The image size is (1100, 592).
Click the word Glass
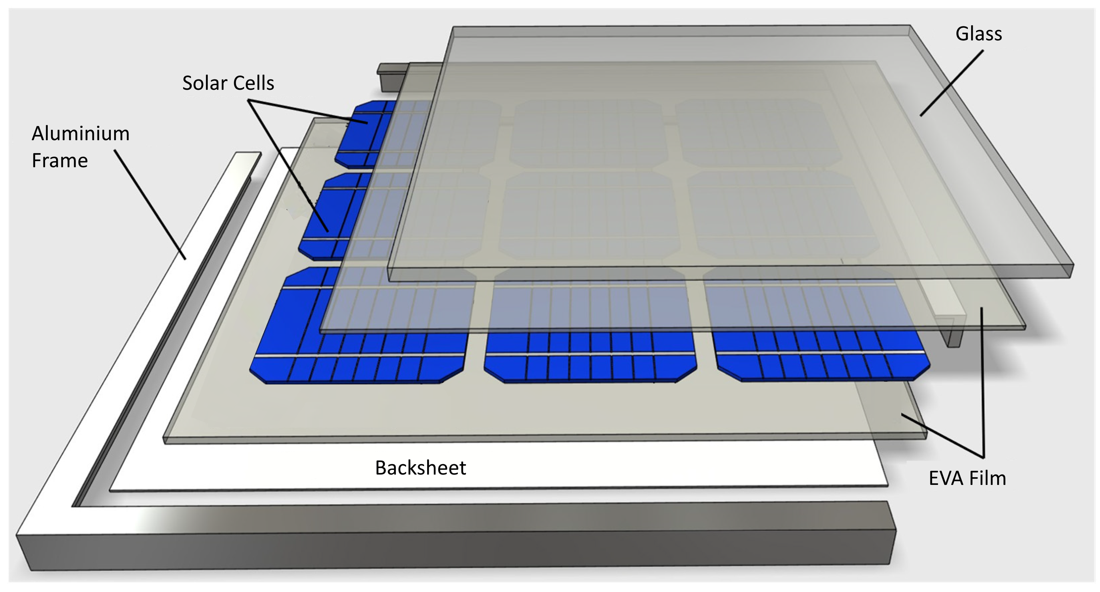tap(978, 34)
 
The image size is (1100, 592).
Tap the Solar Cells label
tap(228, 83)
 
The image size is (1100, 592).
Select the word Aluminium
tap(80, 133)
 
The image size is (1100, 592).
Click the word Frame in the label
tap(60, 161)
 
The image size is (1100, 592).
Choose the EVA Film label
tap(967, 478)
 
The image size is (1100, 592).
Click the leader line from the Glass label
tap(951, 83)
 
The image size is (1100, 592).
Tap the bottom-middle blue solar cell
tap(590, 326)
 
